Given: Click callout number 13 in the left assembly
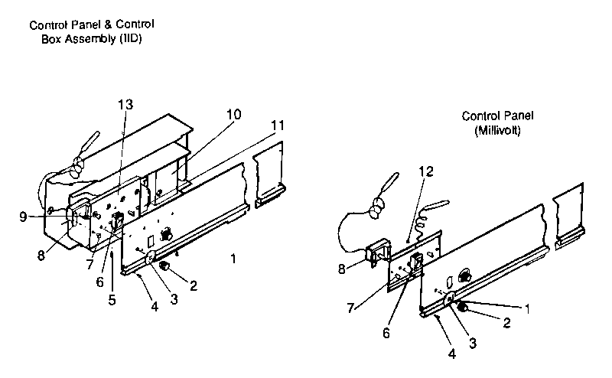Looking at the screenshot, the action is (125, 105).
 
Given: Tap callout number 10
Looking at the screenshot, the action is (234, 115).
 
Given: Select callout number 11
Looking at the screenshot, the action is (278, 125).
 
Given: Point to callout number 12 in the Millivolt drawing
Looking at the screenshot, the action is (426, 171).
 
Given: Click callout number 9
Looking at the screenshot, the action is (23, 217).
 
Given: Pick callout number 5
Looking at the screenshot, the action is (112, 300).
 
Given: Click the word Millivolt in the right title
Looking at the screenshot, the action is (498, 130).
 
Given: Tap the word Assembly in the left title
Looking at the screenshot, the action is (90, 39).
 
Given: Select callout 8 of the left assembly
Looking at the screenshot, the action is (41, 256).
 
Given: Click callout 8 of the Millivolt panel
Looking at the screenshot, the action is (341, 269).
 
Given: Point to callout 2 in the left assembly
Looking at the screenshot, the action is (194, 286).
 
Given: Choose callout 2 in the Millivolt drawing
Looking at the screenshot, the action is (506, 323).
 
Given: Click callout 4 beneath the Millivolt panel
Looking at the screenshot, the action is (451, 354).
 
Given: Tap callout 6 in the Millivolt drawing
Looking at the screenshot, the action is (386, 333).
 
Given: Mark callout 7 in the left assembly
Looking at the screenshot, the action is (90, 264).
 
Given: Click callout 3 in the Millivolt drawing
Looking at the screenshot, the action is (473, 344).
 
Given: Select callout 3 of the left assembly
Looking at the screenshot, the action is (174, 299).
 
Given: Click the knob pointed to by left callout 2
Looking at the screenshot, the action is (164, 266).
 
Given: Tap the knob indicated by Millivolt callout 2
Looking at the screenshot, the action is (462, 307).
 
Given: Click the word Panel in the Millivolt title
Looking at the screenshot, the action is (519, 116).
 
